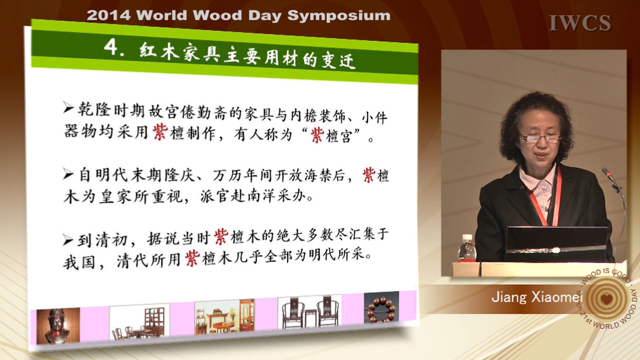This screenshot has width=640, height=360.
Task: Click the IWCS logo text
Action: coord(580,23)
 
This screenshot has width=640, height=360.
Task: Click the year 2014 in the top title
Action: coord(109,16)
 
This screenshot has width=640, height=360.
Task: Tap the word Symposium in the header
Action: coord(339,16)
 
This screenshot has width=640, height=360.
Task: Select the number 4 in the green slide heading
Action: coord(111,47)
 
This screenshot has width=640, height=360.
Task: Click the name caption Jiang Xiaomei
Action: coord(537,296)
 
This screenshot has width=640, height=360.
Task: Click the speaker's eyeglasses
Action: coord(541,138)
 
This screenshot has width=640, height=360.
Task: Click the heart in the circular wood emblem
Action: coord(607,299)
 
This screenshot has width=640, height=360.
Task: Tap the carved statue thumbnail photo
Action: coord(58,326)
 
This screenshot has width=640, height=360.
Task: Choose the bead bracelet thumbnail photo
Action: coord(381,308)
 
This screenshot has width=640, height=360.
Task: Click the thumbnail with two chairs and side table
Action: coord(310,312)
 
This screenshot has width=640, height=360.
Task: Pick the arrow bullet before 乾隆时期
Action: coord(68,108)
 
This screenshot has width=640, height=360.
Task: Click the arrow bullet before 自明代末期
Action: coord(68,174)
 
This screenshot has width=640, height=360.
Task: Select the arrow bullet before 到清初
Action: coord(68,240)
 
